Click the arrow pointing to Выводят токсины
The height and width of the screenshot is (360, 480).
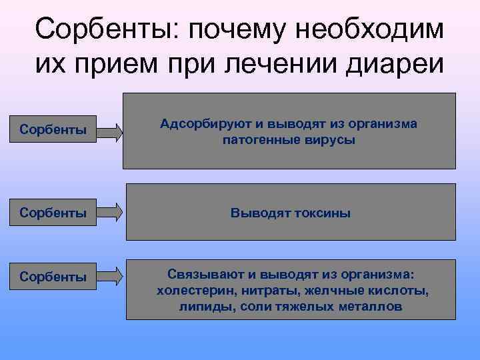click(x=110, y=213)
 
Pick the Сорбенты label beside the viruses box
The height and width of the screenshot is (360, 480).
click(x=53, y=129)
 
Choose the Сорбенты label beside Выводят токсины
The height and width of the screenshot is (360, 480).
click(x=53, y=213)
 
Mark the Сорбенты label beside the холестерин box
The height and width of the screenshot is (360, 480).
click(x=53, y=277)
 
